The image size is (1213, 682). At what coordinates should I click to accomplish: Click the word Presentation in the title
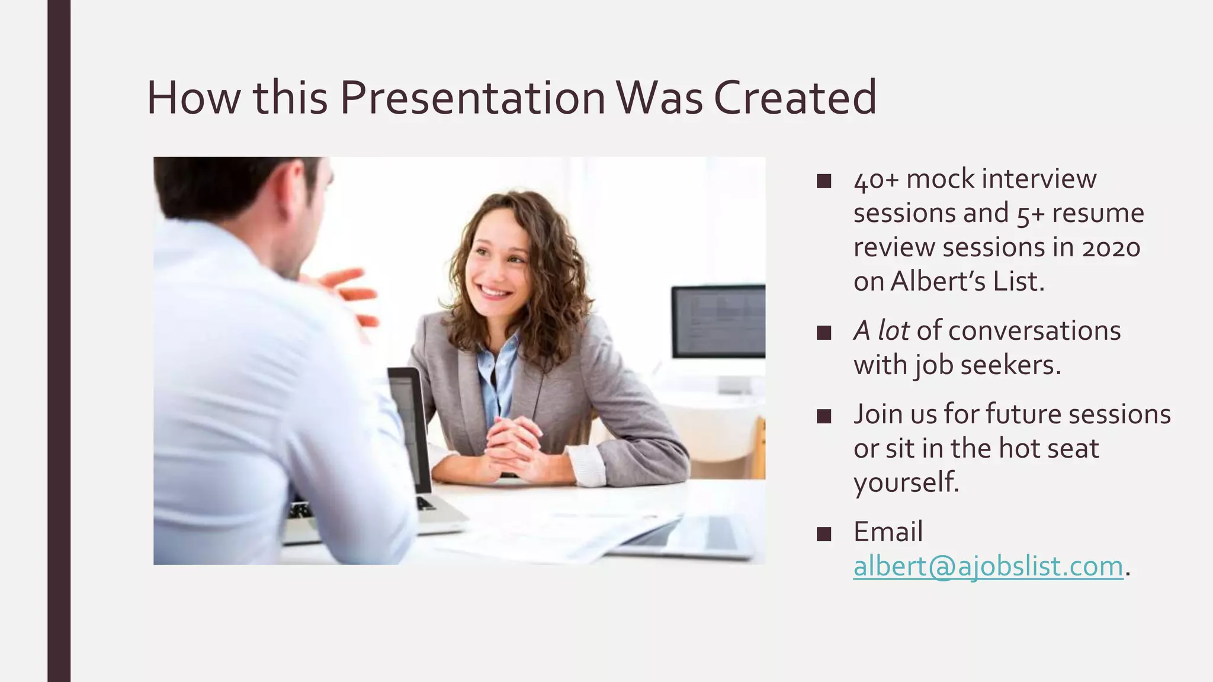472,98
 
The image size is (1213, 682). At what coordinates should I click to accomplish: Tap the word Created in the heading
795,98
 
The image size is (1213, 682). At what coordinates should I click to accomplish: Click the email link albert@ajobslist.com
988,566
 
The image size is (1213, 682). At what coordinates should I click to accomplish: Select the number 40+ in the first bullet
876,179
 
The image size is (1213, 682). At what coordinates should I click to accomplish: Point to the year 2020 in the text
1111,247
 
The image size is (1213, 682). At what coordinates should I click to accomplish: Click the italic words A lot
881,330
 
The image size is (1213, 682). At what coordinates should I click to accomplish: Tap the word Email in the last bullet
888,532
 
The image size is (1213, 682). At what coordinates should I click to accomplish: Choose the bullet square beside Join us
823,416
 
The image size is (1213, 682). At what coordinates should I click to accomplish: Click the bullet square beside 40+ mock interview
823,181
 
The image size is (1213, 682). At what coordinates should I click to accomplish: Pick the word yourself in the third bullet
905,482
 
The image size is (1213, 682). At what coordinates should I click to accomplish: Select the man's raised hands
349,296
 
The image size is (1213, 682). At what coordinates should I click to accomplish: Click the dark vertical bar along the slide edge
59,341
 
